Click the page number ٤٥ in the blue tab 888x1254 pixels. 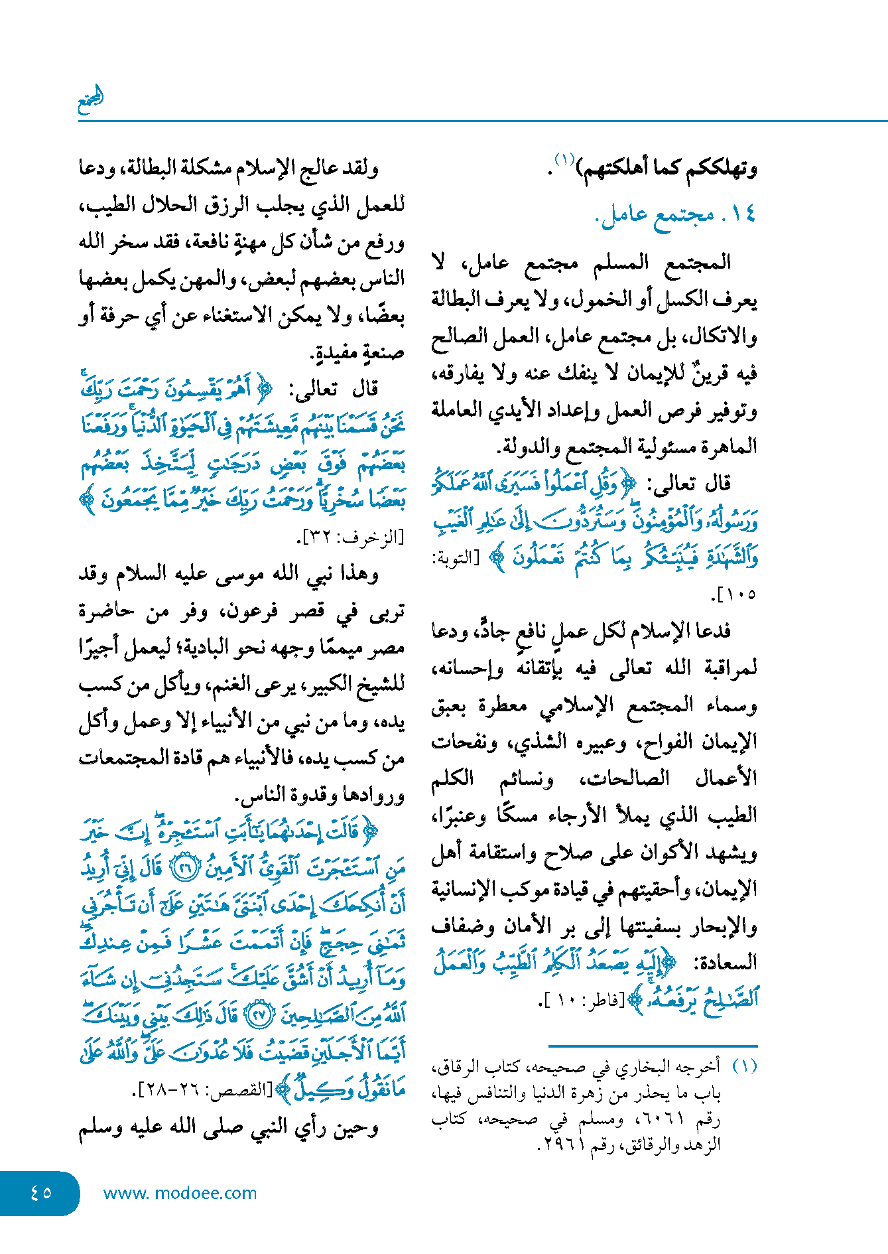pos(40,1192)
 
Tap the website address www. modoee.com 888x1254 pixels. pos(180,1193)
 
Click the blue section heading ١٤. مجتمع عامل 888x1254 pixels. pos(677,214)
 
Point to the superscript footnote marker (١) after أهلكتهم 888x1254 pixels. pos(564,159)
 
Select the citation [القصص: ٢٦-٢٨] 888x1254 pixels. pos(206,1090)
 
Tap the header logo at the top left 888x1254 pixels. pos(91,100)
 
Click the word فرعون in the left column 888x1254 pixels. pos(257,610)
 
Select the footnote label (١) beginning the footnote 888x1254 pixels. pos(744,1066)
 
